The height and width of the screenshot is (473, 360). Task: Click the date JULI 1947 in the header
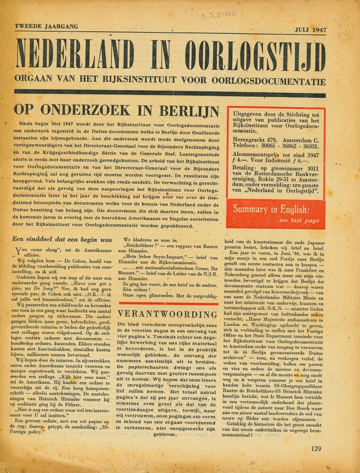pyautogui.click(x=310, y=29)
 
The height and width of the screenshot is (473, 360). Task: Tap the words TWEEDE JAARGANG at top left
pyautogui.click(x=46, y=26)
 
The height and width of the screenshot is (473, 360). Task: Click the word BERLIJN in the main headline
pyautogui.click(x=189, y=110)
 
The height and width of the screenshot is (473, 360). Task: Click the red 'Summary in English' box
pyautogui.click(x=276, y=214)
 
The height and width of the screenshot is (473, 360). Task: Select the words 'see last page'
pyautogui.click(x=299, y=220)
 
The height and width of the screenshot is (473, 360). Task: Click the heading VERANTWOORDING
pyautogui.click(x=167, y=314)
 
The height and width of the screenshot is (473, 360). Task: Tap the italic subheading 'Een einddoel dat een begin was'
pyautogui.click(x=61, y=239)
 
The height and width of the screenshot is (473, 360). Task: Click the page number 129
pyautogui.click(x=317, y=449)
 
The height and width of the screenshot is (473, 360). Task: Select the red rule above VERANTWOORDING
pyautogui.click(x=168, y=304)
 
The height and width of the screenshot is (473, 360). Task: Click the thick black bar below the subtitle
pyautogui.click(x=170, y=92)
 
